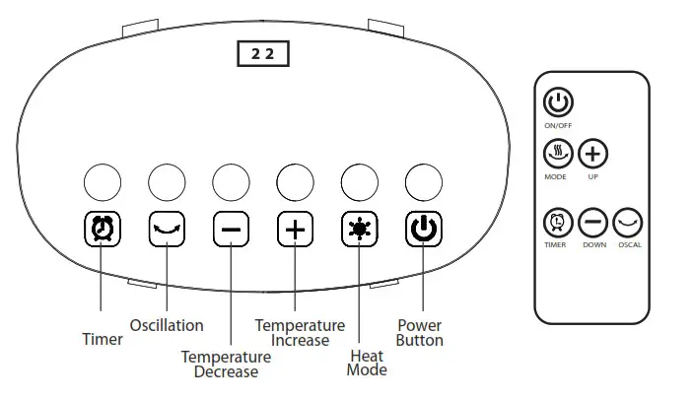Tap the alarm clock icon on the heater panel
pyautogui.click(x=102, y=230)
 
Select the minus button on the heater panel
pyautogui.click(x=231, y=230)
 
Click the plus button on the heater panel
pyautogui.click(x=295, y=230)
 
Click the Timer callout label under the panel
pyautogui.click(x=102, y=340)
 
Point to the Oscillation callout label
pyautogui.click(x=167, y=325)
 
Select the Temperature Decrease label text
pyautogui.click(x=226, y=365)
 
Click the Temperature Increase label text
pyautogui.click(x=300, y=333)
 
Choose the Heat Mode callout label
pyautogui.click(x=367, y=363)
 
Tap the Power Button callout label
pyautogui.click(x=420, y=333)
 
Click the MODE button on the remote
pyautogui.click(x=557, y=154)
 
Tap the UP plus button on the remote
pyautogui.click(x=592, y=154)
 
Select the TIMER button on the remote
pyautogui.click(x=557, y=223)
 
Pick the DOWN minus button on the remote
pyautogui.click(x=592, y=223)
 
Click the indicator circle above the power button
pyautogui.click(x=424, y=182)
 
